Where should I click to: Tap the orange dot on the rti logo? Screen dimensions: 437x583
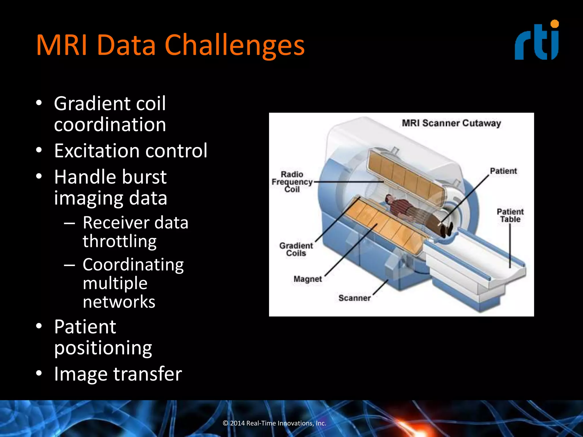554,24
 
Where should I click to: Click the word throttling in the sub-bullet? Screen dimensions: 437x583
120,241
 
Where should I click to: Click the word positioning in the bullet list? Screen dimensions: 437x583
103,348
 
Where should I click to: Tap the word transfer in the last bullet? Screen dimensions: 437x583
147,374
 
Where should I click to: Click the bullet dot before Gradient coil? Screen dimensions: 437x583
39,103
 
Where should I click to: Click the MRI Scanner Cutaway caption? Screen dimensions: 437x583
451,123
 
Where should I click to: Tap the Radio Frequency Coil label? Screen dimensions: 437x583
292,182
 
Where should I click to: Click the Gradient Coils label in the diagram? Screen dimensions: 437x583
296,249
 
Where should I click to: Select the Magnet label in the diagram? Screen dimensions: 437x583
307,279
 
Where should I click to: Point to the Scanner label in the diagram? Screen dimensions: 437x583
354,298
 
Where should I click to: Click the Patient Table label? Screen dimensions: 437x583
510,215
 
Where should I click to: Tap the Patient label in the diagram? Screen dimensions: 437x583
503,171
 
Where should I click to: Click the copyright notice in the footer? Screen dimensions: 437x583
274,423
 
